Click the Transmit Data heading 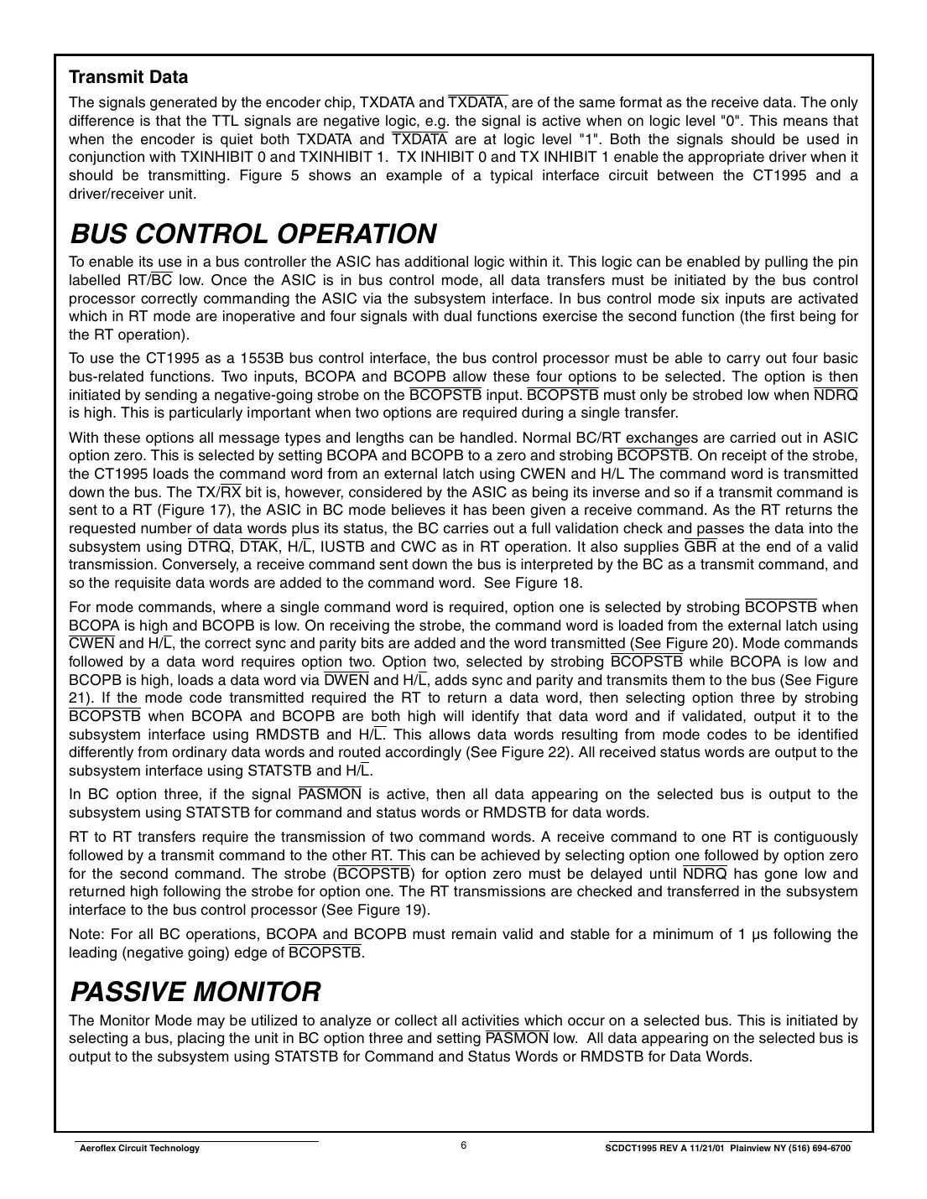point(128,77)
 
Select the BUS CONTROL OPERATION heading point(253,233)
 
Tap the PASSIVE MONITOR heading point(195,992)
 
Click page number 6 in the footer point(463,1146)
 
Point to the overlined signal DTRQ point(210,547)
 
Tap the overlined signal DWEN point(346,679)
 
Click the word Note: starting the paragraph point(85,934)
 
